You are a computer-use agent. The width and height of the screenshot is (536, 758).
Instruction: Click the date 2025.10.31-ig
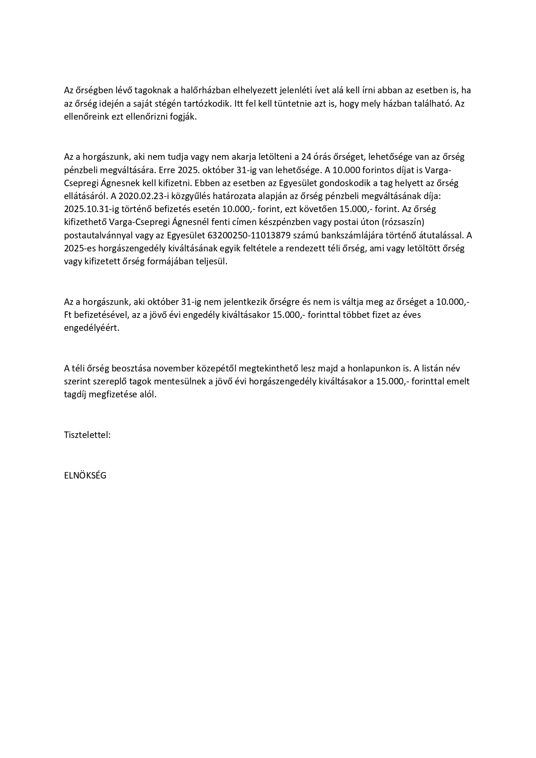[90, 209]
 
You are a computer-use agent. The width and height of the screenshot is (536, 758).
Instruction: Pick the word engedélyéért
[92, 328]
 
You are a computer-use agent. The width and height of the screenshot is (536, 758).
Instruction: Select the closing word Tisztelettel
[87, 435]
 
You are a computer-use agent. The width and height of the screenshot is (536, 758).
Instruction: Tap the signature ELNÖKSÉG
[85, 475]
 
